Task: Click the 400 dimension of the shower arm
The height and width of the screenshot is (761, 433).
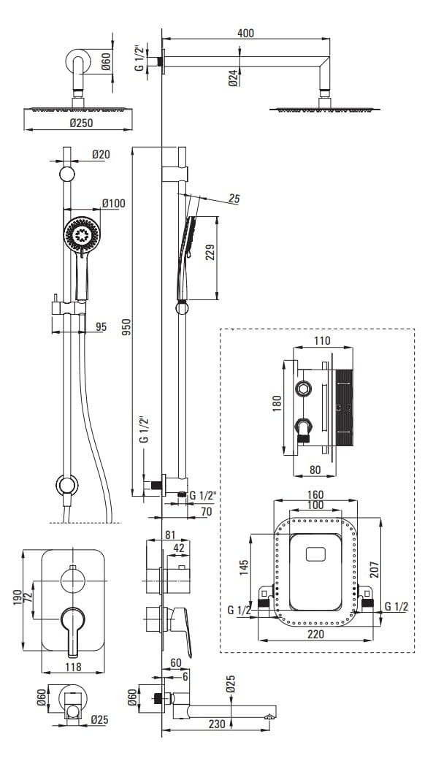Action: click(246, 33)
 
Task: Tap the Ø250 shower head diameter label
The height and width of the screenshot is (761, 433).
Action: click(81, 123)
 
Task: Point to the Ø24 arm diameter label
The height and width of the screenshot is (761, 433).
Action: click(234, 77)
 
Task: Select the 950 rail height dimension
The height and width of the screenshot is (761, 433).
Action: click(126, 329)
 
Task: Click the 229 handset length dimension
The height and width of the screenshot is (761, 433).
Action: click(210, 252)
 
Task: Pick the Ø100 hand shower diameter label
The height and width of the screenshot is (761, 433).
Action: click(114, 203)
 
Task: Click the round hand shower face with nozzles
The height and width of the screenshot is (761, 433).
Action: click(82, 234)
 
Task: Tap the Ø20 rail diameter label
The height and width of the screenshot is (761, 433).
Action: click(101, 154)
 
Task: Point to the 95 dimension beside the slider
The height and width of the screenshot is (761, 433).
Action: click(101, 326)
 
